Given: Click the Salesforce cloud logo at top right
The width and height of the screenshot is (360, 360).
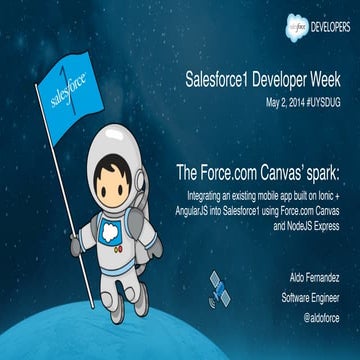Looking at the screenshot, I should click(283, 18).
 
